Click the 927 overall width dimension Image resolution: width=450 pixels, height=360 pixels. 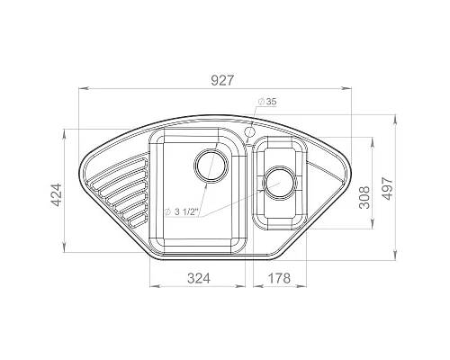click(222, 80)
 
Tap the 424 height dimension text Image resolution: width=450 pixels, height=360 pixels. click(57, 195)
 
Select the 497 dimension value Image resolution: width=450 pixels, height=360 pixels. click(388, 189)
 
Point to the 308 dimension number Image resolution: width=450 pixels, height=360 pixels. click(364, 197)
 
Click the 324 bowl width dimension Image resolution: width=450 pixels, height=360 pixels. click(199, 278)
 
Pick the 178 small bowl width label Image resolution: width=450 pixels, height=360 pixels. click(279, 278)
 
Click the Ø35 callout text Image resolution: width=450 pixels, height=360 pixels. click(266, 102)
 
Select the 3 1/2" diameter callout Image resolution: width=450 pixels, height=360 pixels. click(182, 212)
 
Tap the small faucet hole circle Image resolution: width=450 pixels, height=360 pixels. click(249, 131)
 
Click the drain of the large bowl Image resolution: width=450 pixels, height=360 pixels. click(211, 166)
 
